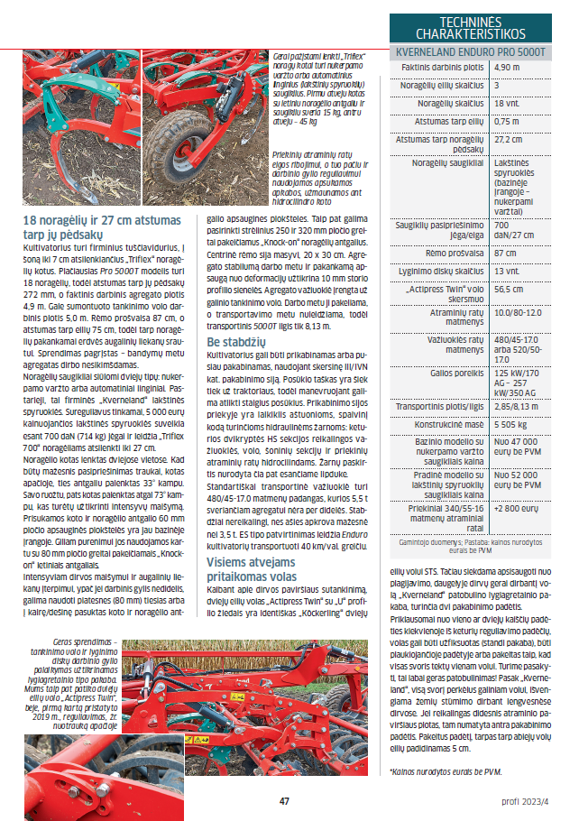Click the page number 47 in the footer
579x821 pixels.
pyautogui.click(x=284, y=800)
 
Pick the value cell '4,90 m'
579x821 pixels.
pyautogui.click(x=508, y=68)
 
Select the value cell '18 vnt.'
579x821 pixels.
pyautogui.click(x=508, y=104)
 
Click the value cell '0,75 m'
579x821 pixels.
pyautogui.click(x=508, y=121)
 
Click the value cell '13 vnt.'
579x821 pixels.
pyautogui.click(x=508, y=270)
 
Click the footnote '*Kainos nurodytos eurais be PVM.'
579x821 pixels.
pyautogui.click(x=446, y=772)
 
